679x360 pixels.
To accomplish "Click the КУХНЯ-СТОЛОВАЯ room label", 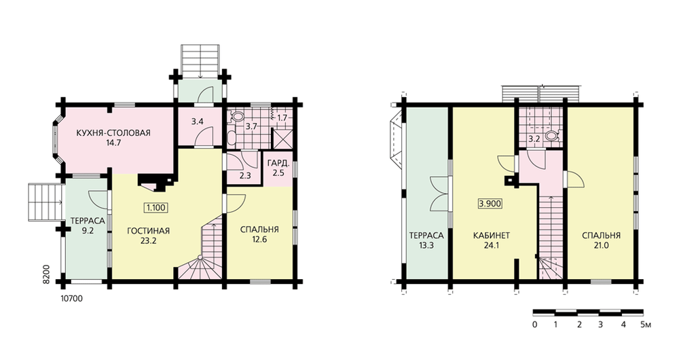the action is [x=113, y=133].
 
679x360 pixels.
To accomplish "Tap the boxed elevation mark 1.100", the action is [x=155, y=208].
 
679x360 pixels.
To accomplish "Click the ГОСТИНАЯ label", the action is [x=148, y=231].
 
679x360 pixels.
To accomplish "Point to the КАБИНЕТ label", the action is [x=492, y=236].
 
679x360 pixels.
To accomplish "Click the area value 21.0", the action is [x=601, y=246].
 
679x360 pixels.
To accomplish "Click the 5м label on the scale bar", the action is [x=645, y=325].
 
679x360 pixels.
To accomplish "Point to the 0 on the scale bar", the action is [x=535, y=325].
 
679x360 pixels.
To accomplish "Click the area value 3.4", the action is [x=198, y=122].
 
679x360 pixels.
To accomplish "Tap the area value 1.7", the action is [x=282, y=118].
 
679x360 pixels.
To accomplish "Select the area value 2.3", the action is [x=245, y=177].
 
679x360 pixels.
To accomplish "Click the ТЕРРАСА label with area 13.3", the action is [x=426, y=236].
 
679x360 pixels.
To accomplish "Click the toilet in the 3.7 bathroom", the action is [x=237, y=116].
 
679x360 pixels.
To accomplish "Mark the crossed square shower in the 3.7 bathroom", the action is [x=282, y=139].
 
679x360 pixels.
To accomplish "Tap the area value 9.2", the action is [x=88, y=231].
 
